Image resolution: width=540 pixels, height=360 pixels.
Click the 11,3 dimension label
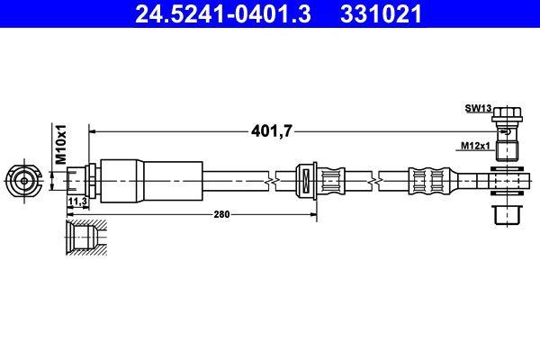[x=76, y=202]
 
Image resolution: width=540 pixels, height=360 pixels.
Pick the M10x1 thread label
[x=61, y=143]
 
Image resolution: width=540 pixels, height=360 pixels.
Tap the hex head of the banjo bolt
[x=507, y=115]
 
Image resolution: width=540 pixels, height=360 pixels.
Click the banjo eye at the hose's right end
[x=508, y=181]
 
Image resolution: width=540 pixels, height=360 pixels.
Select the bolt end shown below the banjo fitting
[x=508, y=216]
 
